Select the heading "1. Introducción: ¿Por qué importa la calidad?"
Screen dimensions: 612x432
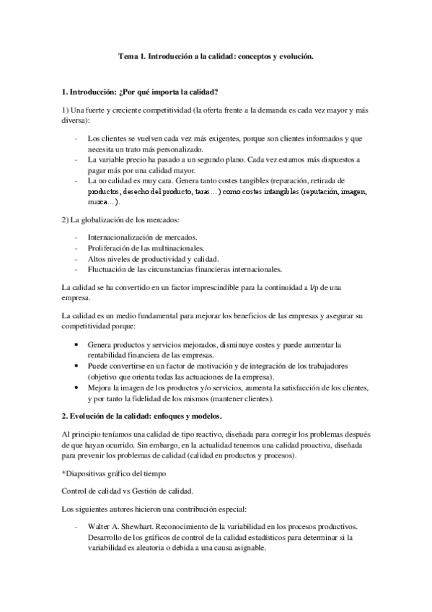click(141, 92)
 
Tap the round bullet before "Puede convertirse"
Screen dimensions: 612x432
click(77, 366)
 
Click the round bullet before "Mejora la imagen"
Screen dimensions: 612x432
click(77, 387)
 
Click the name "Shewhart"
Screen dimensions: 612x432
click(138, 528)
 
